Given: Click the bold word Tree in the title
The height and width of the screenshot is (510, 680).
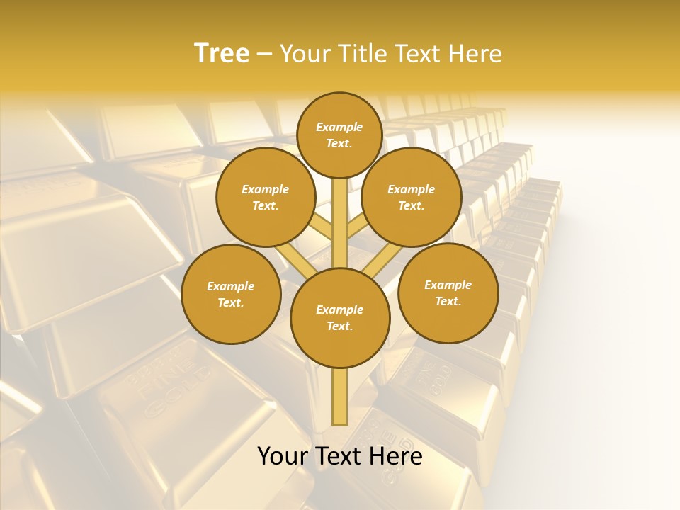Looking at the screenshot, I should coord(222,54).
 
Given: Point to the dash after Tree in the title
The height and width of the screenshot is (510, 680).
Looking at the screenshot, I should coord(265,55).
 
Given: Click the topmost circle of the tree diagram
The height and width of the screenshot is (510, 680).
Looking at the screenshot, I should coord(339,135).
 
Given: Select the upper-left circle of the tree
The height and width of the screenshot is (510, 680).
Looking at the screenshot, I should coord(266,197).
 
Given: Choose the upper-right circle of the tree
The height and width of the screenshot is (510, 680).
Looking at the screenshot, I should coord(412,197).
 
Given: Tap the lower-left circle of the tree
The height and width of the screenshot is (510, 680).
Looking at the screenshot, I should coord(231,294).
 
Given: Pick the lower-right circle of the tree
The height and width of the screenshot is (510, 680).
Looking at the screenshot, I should coord(448,293).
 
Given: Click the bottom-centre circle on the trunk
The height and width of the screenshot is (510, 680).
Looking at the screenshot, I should coord(340,318).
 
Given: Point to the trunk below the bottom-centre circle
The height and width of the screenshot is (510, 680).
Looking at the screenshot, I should coord(340,397).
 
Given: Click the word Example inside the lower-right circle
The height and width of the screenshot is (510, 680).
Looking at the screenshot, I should coord(448,285).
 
